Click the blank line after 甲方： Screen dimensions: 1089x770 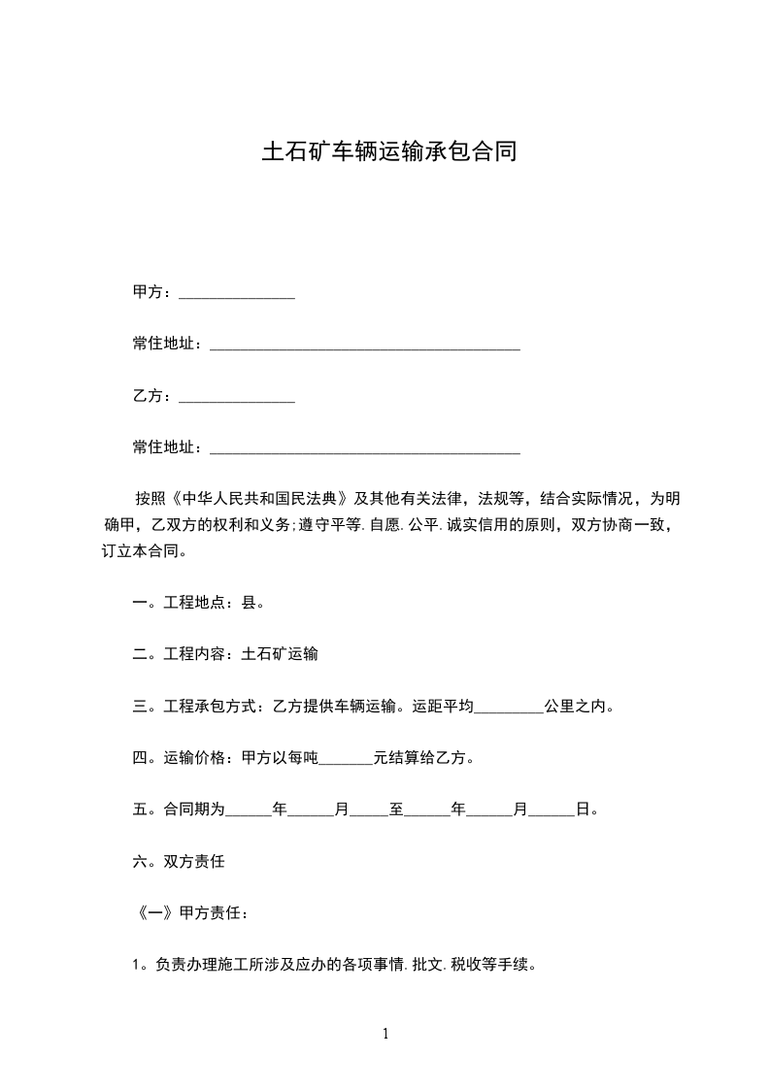pos(237,294)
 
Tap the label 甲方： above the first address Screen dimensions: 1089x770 pos(153,292)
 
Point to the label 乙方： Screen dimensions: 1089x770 pos(153,397)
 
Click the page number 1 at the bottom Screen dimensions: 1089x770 pos(385,1034)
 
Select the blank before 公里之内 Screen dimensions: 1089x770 pos(509,709)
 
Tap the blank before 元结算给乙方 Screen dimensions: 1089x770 pos(346,760)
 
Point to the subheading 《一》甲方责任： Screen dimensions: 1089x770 pos(193,913)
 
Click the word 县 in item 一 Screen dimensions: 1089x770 pos(248,603)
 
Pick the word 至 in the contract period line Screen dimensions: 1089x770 pos(396,809)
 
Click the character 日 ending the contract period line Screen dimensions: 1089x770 pos(583,809)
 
